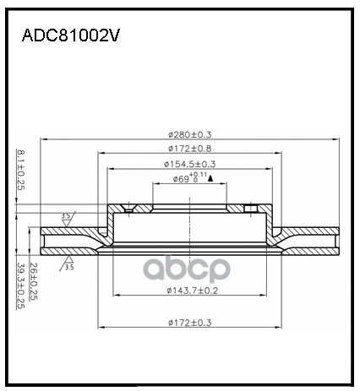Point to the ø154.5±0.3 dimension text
coord(190,164)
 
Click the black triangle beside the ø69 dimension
coord(209,177)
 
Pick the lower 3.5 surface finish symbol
coord(66,265)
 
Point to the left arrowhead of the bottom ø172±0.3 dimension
coord(102,326)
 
